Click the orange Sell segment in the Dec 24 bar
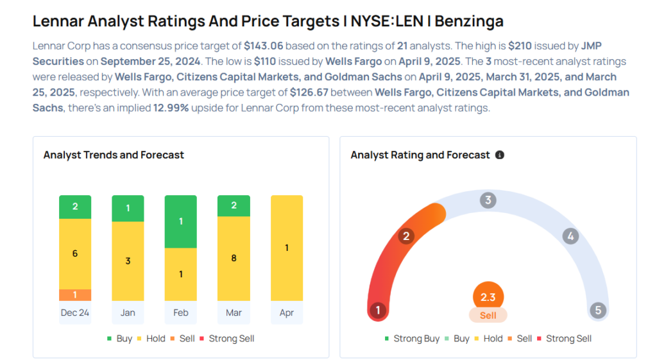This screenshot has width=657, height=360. point(75,295)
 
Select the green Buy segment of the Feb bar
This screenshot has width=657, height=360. point(180,221)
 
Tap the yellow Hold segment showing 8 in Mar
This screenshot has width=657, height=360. point(234,259)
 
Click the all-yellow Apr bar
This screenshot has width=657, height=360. point(287,248)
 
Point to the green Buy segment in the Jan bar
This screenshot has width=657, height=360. point(128,209)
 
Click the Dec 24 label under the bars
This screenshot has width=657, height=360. point(75,313)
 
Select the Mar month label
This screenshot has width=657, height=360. point(234,313)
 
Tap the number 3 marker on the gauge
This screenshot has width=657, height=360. point(488,200)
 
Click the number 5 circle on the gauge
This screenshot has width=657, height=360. point(598,310)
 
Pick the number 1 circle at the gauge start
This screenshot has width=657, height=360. point(378,310)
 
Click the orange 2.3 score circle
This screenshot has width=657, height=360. point(488,296)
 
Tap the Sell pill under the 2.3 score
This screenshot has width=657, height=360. point(488,316)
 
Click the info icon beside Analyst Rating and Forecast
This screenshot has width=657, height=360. point(499,155)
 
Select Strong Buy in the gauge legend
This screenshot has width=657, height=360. point(413,339)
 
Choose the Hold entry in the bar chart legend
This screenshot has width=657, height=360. point(151,339)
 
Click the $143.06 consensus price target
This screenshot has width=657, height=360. point(264,46)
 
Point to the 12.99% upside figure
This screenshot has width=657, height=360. point(171,108)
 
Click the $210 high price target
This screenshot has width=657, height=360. point(520,46)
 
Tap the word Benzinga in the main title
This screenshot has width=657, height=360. point(469,21)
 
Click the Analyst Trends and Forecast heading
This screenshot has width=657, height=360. point(114,155)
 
